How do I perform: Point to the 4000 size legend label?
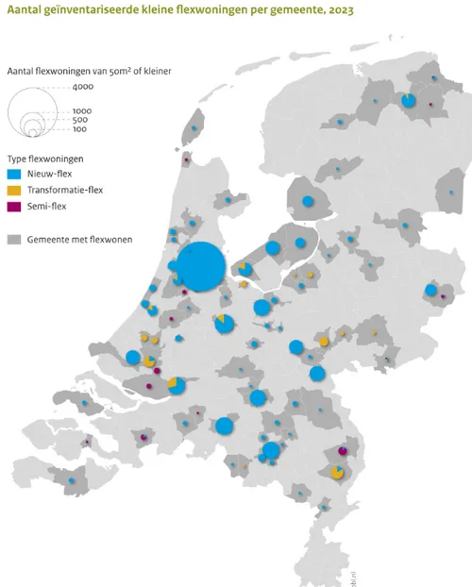(x=82, y=88)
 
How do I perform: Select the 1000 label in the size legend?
(x=81, y=111)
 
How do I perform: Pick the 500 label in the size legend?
(x=80, y=120)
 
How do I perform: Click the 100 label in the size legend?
(x=80, y=128)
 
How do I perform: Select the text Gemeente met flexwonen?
(x=80, y=239)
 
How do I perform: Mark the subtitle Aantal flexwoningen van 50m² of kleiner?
(x=89, y=71)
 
